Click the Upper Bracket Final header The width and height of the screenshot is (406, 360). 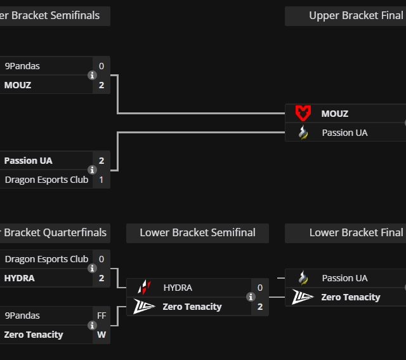(355, 16)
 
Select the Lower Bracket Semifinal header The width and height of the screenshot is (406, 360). (197, 233)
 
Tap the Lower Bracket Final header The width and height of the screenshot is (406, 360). (355, 233)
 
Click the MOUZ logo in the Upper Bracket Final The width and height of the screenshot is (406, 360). (303, 114)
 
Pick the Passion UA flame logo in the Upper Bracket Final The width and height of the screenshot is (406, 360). (303, 133)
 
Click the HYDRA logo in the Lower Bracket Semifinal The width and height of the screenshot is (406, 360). (145, 288)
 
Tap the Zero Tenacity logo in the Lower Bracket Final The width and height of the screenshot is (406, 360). (303, 297)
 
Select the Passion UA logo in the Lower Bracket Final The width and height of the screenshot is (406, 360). (303, 278)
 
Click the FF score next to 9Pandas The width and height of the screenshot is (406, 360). (101, 316)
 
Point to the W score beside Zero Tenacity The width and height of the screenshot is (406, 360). (101, 335)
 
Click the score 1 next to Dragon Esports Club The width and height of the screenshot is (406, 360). (101, 180)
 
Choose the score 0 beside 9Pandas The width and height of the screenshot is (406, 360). (101, 66)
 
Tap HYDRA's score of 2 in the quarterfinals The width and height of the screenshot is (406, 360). (101, 278)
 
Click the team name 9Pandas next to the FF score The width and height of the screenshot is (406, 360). (22, 316)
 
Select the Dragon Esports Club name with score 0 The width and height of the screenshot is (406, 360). (46, 259)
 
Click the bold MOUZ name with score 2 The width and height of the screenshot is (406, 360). (18, 85)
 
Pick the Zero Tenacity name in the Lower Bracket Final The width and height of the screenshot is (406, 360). (351, 297)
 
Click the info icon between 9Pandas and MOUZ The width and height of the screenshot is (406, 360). (92, 76)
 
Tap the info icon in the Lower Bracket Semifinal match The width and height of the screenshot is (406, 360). (251, 297)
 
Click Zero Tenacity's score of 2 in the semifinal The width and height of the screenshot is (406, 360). (260, 307)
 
